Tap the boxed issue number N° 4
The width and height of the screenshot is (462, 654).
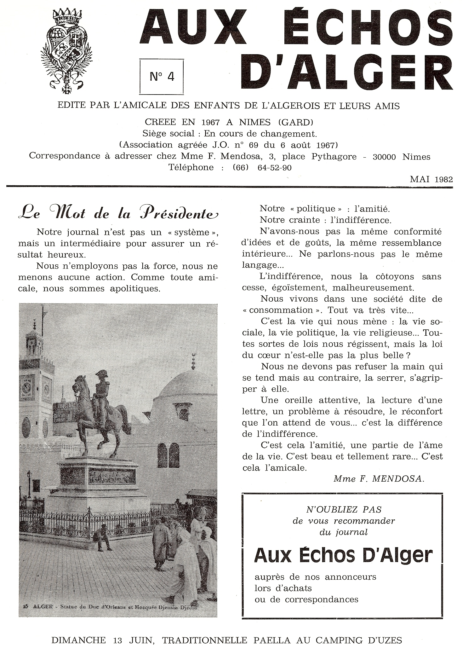162,77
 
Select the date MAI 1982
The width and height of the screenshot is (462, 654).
431,179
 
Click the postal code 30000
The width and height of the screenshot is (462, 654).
384,157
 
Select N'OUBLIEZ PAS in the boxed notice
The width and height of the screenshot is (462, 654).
343,509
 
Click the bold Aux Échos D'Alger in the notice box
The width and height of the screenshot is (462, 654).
343,555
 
